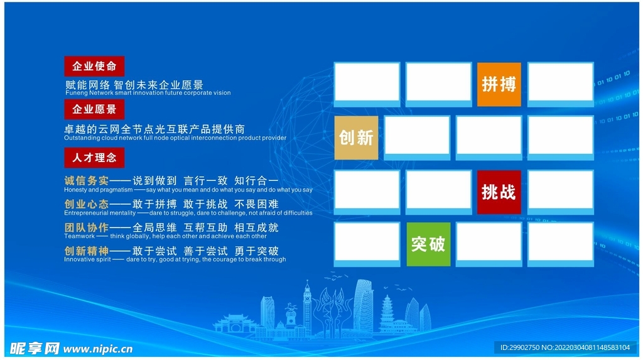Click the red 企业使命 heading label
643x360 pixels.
[x=94, y=66]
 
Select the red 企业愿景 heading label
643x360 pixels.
[x=94, y=109]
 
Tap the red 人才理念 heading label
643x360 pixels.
[x=94, y=157]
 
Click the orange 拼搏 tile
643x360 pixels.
[x=499, y=84]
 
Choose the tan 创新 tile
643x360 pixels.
[x=356, y=137]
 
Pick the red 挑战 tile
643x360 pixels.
[x=499, y=192]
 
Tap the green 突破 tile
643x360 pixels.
[x=428, y=244]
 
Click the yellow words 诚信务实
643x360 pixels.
[x=86, y=181]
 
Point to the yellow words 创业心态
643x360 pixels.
[x=86, y=204]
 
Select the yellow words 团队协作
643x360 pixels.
[x=86, y=227]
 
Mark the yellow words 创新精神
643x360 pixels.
[x=86, y=251]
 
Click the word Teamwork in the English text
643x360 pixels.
[x=79, y=236]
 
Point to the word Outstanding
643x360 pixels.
[x=82, y=138]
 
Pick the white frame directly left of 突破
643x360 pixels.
[x=367, y=244]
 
